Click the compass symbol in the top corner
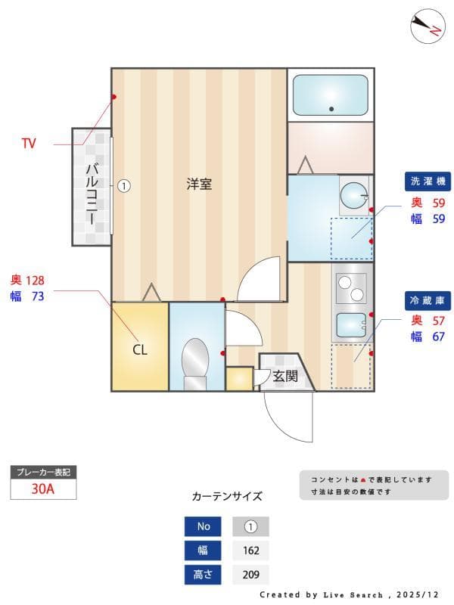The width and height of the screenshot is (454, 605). point(426,26)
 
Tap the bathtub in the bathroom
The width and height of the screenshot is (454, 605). point(330,95)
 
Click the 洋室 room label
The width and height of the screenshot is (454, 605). point(199,184)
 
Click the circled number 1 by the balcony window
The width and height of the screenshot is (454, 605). point(124,185)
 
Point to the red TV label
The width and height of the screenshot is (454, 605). point(29,143)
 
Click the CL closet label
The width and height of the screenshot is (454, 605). point(140,350)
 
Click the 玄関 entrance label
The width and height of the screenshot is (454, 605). point(285,376)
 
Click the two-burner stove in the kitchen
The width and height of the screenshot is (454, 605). point(350,288)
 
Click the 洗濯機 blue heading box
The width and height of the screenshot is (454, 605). point(428,181)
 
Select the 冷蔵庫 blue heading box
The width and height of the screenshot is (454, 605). point(428,300)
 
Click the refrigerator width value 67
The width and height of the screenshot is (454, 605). point(438,337)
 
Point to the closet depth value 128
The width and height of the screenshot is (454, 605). point(36,280)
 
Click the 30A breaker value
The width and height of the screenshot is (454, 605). point(43,489)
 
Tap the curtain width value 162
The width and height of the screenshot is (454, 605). point(250,551)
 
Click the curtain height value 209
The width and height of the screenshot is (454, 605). point(250,575)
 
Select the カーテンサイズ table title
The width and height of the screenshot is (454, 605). point(227,497)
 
